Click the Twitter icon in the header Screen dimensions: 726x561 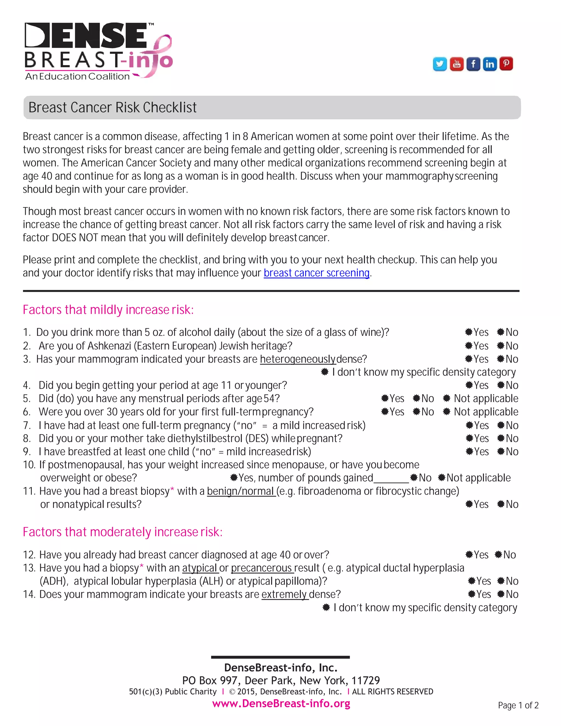click(x=440, y=64)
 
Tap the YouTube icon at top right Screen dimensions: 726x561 click(x=457, y=64)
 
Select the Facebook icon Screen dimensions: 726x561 click(x=473, y=64)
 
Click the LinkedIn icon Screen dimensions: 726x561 click(x=490, y=64)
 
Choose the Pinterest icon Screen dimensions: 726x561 click(x=506, y=64)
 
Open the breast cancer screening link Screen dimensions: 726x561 click(x=316, y=273)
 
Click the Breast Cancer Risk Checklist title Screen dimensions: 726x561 click(x=112, y=107)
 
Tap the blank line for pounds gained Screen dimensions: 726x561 click(x=391, y=478)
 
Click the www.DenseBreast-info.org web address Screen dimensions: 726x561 click(x=281, y=703)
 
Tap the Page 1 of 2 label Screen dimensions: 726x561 click(x=518, y=705)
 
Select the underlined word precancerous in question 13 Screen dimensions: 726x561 click(x=262, y=568)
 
